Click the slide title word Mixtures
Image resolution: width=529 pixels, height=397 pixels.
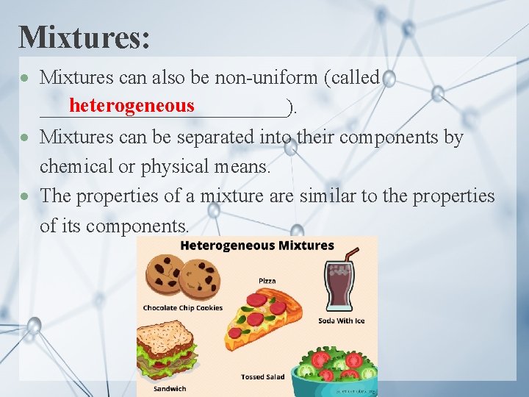pos(84,37)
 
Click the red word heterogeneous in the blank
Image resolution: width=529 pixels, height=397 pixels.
pos(132,107)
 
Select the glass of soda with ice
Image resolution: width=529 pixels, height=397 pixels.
pos(339,287)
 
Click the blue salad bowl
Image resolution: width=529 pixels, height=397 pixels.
pos(332,379)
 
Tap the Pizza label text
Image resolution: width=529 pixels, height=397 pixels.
pos(267,281)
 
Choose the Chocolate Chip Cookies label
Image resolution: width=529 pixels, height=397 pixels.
pos(182,308)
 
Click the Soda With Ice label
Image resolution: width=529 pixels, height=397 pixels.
pos(341,321)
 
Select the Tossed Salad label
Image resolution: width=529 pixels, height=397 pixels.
pos(262,377)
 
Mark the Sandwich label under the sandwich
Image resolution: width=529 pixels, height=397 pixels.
pos(170,388)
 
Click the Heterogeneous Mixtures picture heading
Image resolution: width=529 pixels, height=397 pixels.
pos(257,246)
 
